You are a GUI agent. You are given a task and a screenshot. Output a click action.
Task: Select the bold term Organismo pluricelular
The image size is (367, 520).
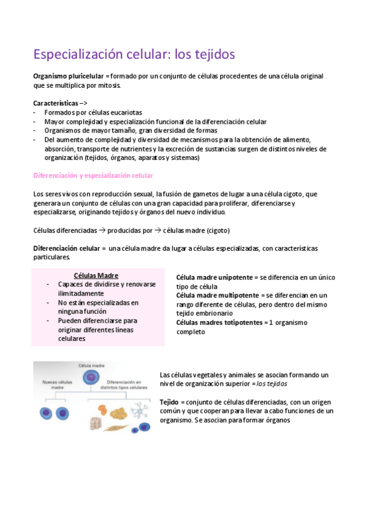point(69,76)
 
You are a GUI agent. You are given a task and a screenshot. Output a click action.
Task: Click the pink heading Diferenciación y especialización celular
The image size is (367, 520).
point(93,176)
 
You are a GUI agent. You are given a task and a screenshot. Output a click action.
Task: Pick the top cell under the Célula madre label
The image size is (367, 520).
point(89,378)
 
